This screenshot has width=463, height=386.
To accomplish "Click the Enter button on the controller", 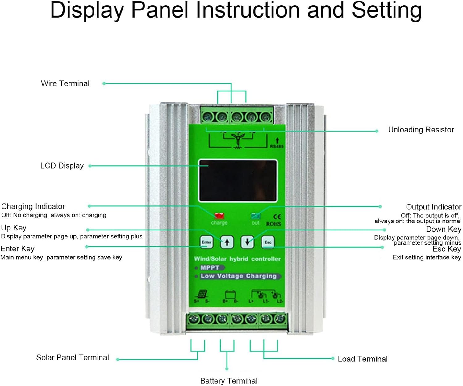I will coord(206,242).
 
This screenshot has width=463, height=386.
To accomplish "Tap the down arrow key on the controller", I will coord(247,242).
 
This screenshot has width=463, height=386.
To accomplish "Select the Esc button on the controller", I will coord(268,242).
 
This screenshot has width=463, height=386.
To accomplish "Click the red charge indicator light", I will coord(219,216).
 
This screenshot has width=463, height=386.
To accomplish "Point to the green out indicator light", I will coord(256,216).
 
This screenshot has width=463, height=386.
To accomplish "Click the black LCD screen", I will coord(238,181).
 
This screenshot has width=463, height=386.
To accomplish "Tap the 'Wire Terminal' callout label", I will coord(65,83).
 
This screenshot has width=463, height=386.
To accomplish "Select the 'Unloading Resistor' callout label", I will coord(421,130).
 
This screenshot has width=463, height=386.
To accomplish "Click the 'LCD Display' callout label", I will coord(62,166).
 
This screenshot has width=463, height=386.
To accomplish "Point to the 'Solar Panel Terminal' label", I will coord(73,357).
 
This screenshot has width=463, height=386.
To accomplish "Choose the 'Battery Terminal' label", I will coord(229,381).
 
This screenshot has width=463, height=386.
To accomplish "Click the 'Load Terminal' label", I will coord(362,359).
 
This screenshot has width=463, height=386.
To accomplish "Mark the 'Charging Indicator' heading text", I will coord(33,206).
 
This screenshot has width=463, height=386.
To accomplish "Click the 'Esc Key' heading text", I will coord(447,249).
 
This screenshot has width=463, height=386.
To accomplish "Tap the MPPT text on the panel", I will coord(210,268).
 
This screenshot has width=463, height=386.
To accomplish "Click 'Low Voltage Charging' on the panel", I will coord(238,276).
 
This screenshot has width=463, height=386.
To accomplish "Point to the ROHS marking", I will coord(273,224).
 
